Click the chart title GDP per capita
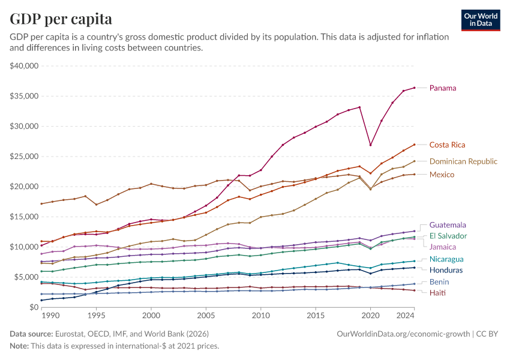point(61,19)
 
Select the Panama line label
point(442,88)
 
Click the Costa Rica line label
point(447,145)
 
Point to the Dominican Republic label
point(463,161)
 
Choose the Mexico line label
point(442,175)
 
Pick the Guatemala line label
point(448,225)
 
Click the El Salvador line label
point(448,236)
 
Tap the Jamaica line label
point(443,247)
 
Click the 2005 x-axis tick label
point(206,315)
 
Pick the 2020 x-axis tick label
point(371,315)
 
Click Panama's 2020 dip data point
point(371,145)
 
